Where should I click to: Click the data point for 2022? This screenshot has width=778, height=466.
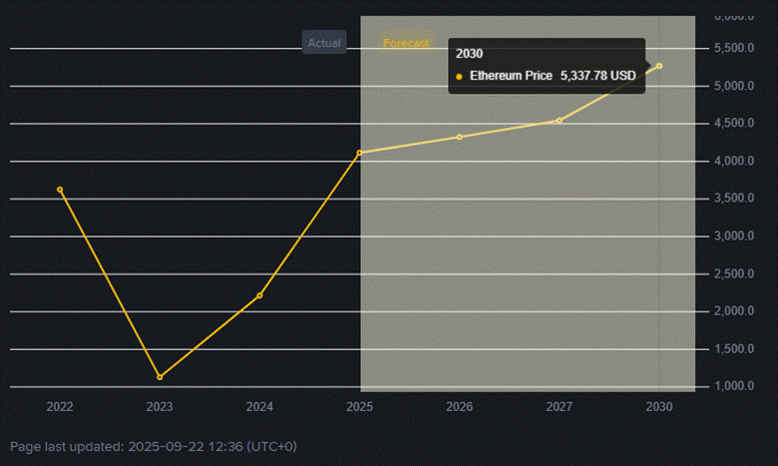click(60, 190)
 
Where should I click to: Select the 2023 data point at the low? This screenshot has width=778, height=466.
click(160, 377)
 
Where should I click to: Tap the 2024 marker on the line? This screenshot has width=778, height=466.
click(259, 295)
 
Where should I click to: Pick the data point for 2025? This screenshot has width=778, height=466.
click(360, 153)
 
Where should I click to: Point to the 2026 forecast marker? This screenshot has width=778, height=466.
click(460, 137)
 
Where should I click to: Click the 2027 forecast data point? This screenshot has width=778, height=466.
click(560, 121)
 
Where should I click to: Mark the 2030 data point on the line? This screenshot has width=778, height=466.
click(659, 66)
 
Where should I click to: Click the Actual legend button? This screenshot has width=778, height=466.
click(324, 43)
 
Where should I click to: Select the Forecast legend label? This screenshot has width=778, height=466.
click(406, 43)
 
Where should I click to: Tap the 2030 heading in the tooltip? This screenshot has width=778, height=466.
click(469, 53)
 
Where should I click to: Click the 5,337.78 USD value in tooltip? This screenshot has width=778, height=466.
click(597, 76)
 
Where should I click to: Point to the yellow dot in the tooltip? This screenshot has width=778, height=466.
click(459, 76)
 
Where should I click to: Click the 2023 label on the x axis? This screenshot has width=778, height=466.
click(160, 407)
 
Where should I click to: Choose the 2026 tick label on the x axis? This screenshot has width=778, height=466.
click(460, 407)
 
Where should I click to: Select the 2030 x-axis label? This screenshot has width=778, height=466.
click(659, 407)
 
